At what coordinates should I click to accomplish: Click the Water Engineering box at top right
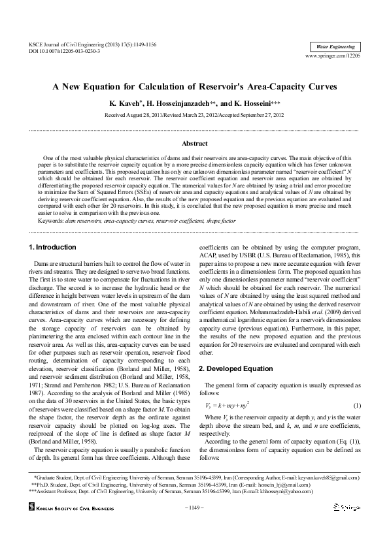point(335,47)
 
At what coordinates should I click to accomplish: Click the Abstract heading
point(194,142)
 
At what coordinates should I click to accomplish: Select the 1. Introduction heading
point(53,246)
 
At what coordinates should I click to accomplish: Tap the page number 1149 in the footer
point(194,507)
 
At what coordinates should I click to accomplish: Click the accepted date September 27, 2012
point(258,115)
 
